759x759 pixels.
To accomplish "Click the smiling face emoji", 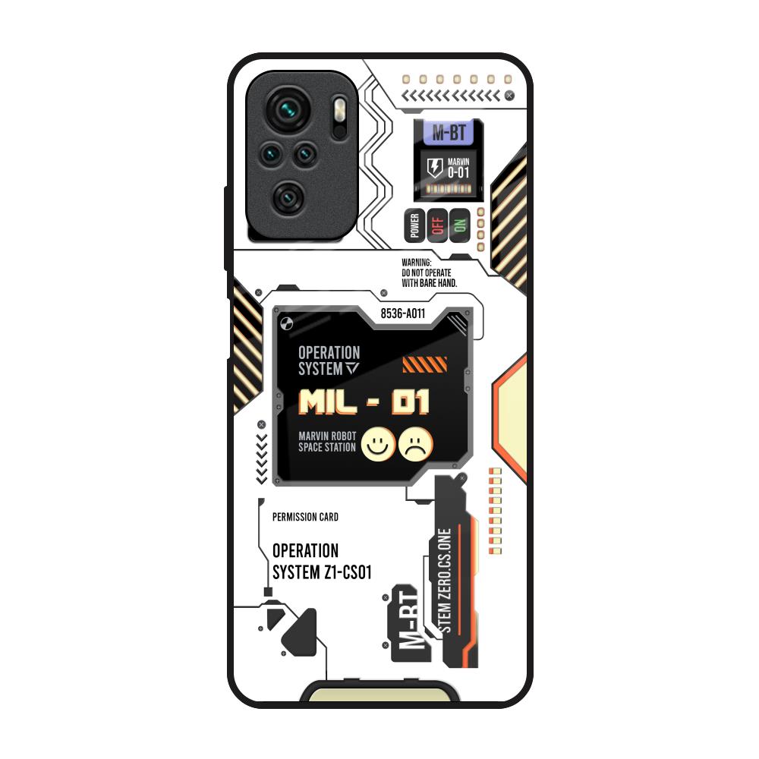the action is (x=378, y=444).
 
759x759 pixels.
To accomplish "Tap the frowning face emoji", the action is (x=416, y=444).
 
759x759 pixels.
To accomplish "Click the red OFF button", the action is (x=438, y=225).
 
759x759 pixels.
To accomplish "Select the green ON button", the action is (x=460, y=225).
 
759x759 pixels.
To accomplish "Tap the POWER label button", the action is (x=415, y=225).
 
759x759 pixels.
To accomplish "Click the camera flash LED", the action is (x=340, y=110).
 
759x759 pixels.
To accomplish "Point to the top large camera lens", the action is (x=289, y=109).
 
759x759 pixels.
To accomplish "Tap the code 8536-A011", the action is (x=403, y=313).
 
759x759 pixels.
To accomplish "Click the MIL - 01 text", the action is (x=364, y=402).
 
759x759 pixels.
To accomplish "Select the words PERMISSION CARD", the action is (x=305, y=517).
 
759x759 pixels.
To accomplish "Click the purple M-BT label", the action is (x=449, y=132).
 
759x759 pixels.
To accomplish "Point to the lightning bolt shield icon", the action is (x=435, y=168).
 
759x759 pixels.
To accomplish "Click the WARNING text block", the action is (x=430, y=273).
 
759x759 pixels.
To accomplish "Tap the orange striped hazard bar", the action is (x=424, y=364).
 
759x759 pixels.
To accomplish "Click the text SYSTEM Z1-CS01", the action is (x=322, y=572).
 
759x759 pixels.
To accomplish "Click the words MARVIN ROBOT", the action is (x=327, y=436).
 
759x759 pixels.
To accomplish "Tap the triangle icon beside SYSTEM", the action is (x=352, y=369).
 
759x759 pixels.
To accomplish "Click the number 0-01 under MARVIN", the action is (x=458, y=172).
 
